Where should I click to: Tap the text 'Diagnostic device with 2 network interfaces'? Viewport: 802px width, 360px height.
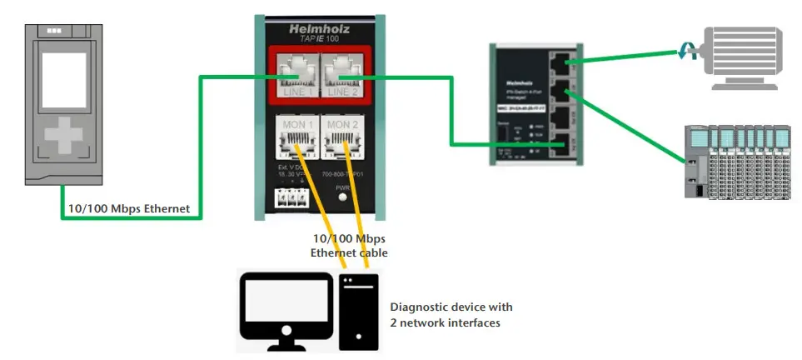pos(451,314)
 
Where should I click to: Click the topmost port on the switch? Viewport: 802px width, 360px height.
pos(566,59)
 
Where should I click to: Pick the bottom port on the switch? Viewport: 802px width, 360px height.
pos(566,144)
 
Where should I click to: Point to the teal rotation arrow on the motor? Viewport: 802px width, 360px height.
pos(687,52)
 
